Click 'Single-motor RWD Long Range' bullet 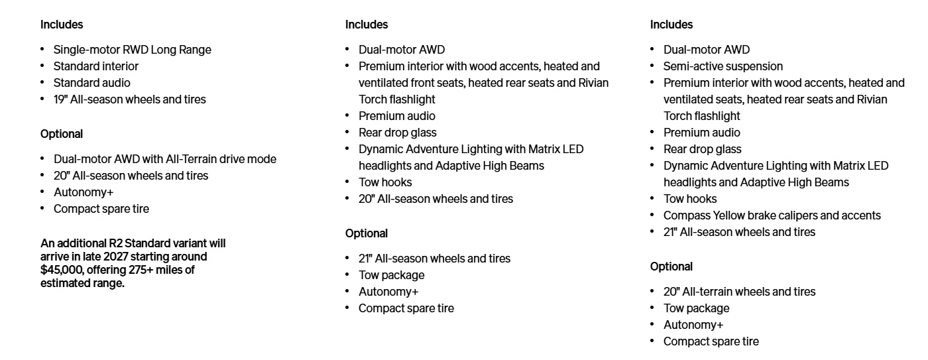click(133, 50)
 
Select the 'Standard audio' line click(92, 83)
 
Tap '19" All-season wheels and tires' click(130, 99)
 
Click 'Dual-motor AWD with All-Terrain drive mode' click(165, 159)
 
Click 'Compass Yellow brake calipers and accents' click(772, 215)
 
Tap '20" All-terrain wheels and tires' click(740, 292)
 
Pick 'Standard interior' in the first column click(96, 66)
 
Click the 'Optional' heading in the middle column click(367, 233)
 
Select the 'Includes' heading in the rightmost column click(671, 25)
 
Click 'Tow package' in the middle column click(392, 275)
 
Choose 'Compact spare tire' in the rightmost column click(711, 341)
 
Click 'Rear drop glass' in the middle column click(398, 133)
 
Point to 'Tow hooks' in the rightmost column click(690, 199)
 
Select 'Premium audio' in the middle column click(397, 116)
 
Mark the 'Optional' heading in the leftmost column click(62, 134)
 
